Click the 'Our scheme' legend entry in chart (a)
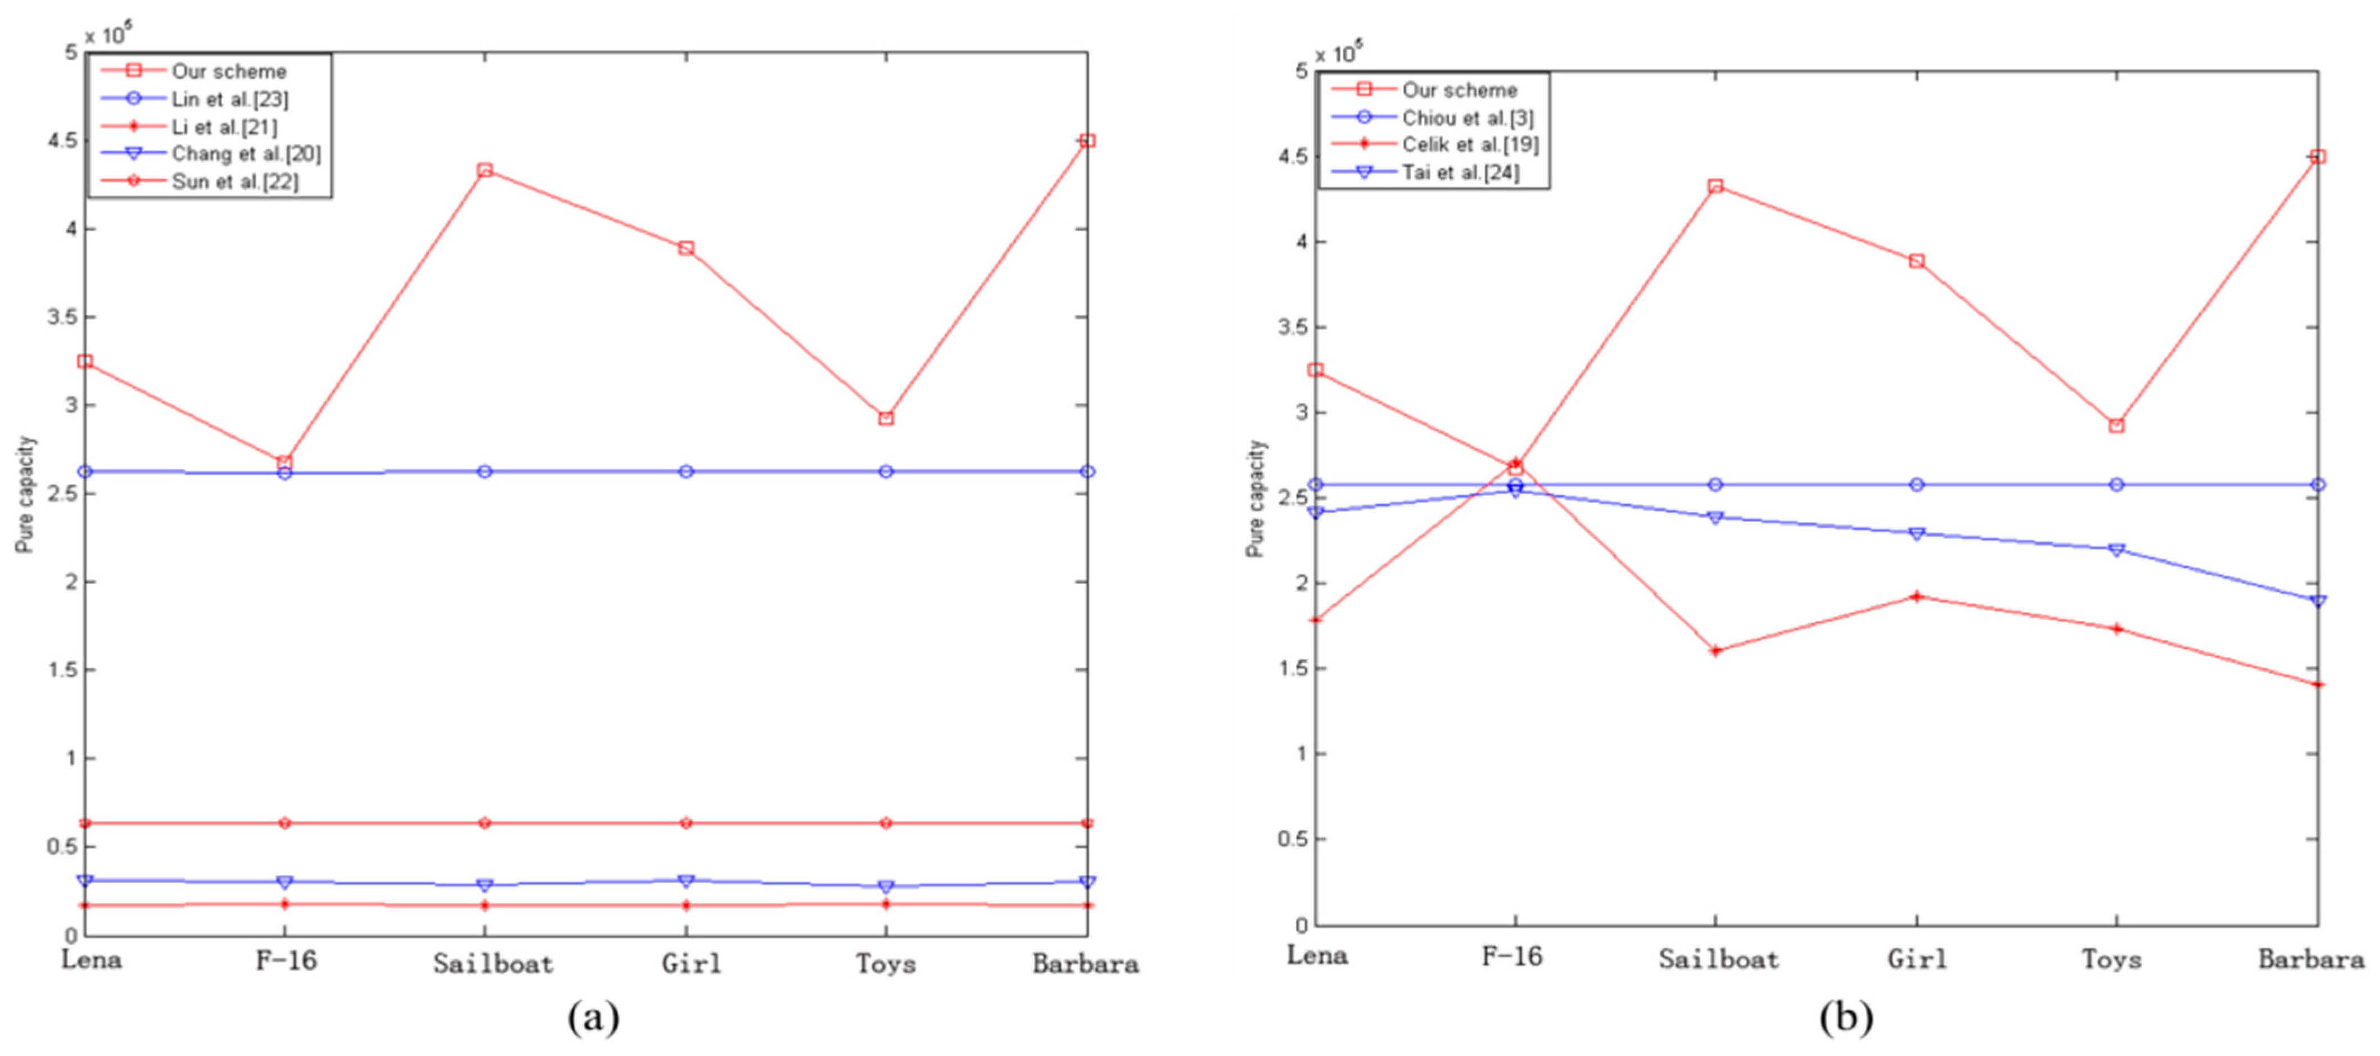click(x=228, y=71)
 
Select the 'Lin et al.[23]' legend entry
click(x=229, y=99)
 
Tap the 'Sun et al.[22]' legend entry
click(x=234, y=181)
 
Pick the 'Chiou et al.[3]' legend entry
click(x=1467, y=117)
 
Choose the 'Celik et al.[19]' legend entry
click(x=1470, y=144)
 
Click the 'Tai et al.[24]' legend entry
click(x=1460, y=172)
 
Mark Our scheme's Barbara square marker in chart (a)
click(x=1086, y=141)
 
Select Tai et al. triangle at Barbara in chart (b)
click(x=2317, y=601)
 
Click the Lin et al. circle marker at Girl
click(x=685, y=471)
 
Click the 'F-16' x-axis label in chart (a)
click(x=286, y=961)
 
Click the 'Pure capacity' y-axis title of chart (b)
click(x=1255, y=499)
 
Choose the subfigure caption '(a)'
click(x=593, y=1018)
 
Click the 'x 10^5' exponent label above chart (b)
click(x=1338, y=53)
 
